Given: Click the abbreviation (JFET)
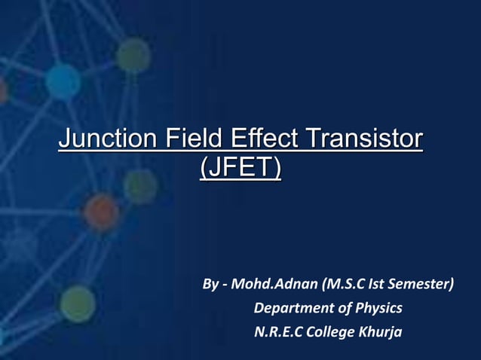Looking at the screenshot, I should (x=240, y=167).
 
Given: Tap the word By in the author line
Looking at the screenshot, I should (x=210, y=285).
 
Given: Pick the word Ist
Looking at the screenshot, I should (x=382, y=285).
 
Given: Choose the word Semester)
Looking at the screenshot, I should (x=424, y=285).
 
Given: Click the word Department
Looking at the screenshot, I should (x=290, y=308).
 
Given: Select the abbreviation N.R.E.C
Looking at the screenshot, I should (x=280, y=331).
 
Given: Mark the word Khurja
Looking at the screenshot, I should (x=382, y=331).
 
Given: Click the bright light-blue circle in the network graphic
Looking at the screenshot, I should (x=62, y=81).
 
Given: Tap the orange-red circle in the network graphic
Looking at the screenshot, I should (x=100, y=212).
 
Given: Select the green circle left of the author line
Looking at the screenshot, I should (x=77, y=304).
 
